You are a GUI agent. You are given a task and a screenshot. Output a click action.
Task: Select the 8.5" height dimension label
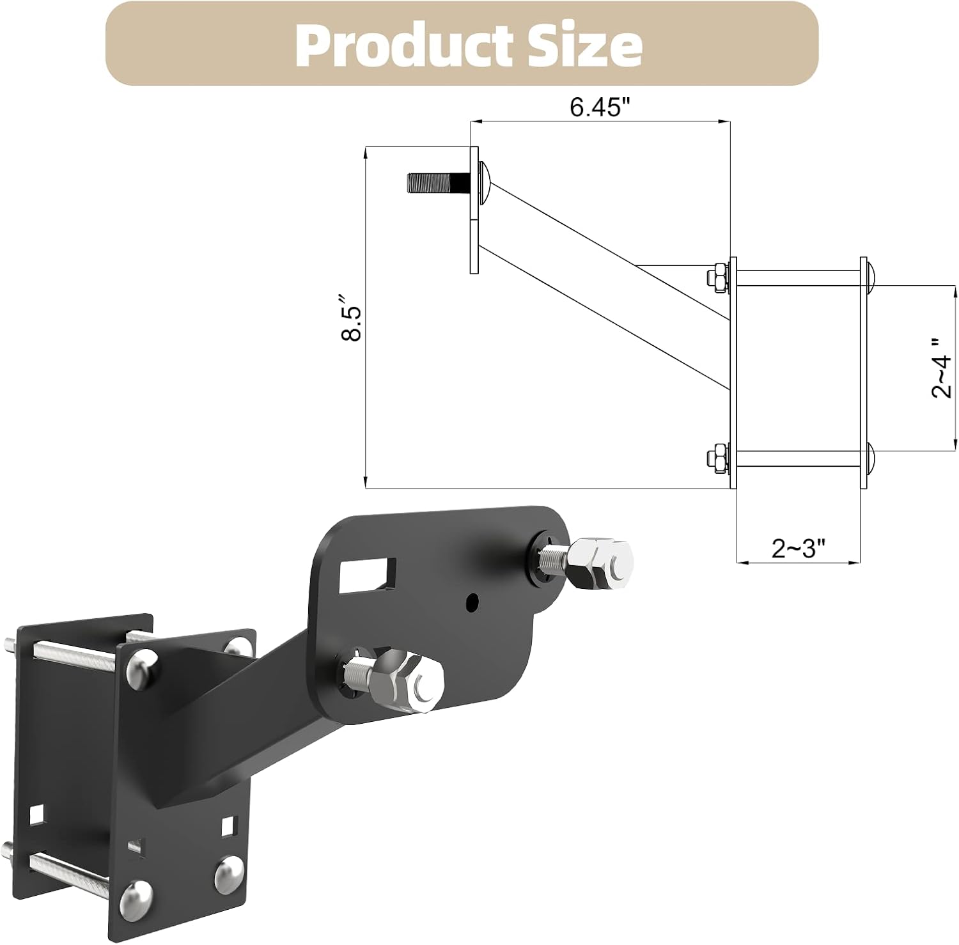(352, 318)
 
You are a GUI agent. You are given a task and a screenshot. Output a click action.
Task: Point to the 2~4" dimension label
(941, 368)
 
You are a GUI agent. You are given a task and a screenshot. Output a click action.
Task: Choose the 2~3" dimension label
(798, 548)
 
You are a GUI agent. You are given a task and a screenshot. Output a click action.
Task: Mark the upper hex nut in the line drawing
(718, 277)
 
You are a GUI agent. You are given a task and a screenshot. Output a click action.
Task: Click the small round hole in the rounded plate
(472, 601)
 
